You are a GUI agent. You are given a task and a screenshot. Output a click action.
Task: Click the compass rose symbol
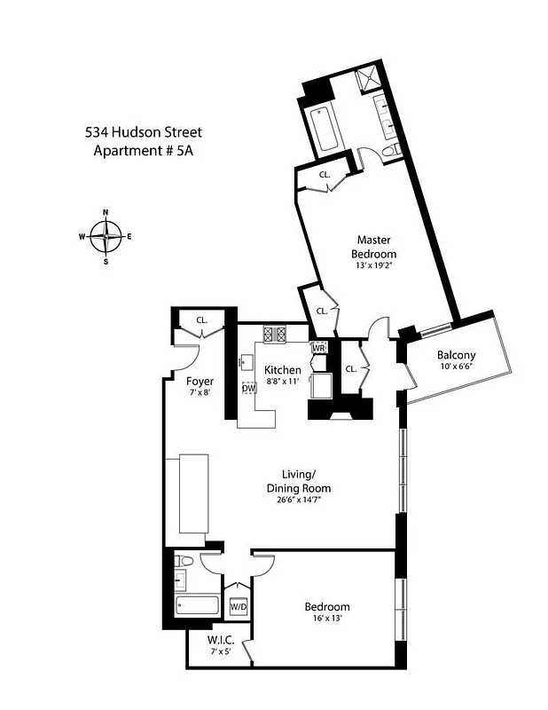coord(106,237)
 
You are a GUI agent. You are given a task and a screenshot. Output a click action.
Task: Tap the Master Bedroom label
coord(374,246)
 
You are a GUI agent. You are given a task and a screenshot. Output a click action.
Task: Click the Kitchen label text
coord(283,370)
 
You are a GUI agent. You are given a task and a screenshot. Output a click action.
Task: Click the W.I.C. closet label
coord(221,640)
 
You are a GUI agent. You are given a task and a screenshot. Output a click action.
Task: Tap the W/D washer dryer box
coord(239,608)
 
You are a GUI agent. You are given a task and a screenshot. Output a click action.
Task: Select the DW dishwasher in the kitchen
coord(249,388)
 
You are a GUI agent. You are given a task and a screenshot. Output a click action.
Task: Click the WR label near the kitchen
coord(319,348)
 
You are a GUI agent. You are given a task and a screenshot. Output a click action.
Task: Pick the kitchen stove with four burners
coord(274,335)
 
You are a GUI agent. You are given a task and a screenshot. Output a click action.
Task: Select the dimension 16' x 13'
coord(327,620)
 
